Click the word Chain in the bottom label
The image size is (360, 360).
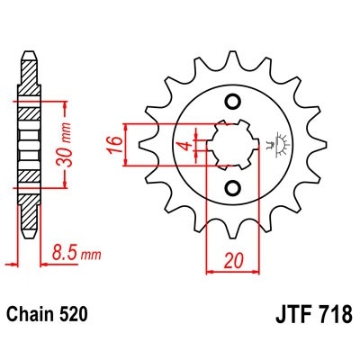coord(29,316)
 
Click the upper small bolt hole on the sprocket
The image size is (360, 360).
coord(233,100)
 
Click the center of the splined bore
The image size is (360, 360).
coord(233,143)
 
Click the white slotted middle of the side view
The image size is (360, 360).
coord(27,143)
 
